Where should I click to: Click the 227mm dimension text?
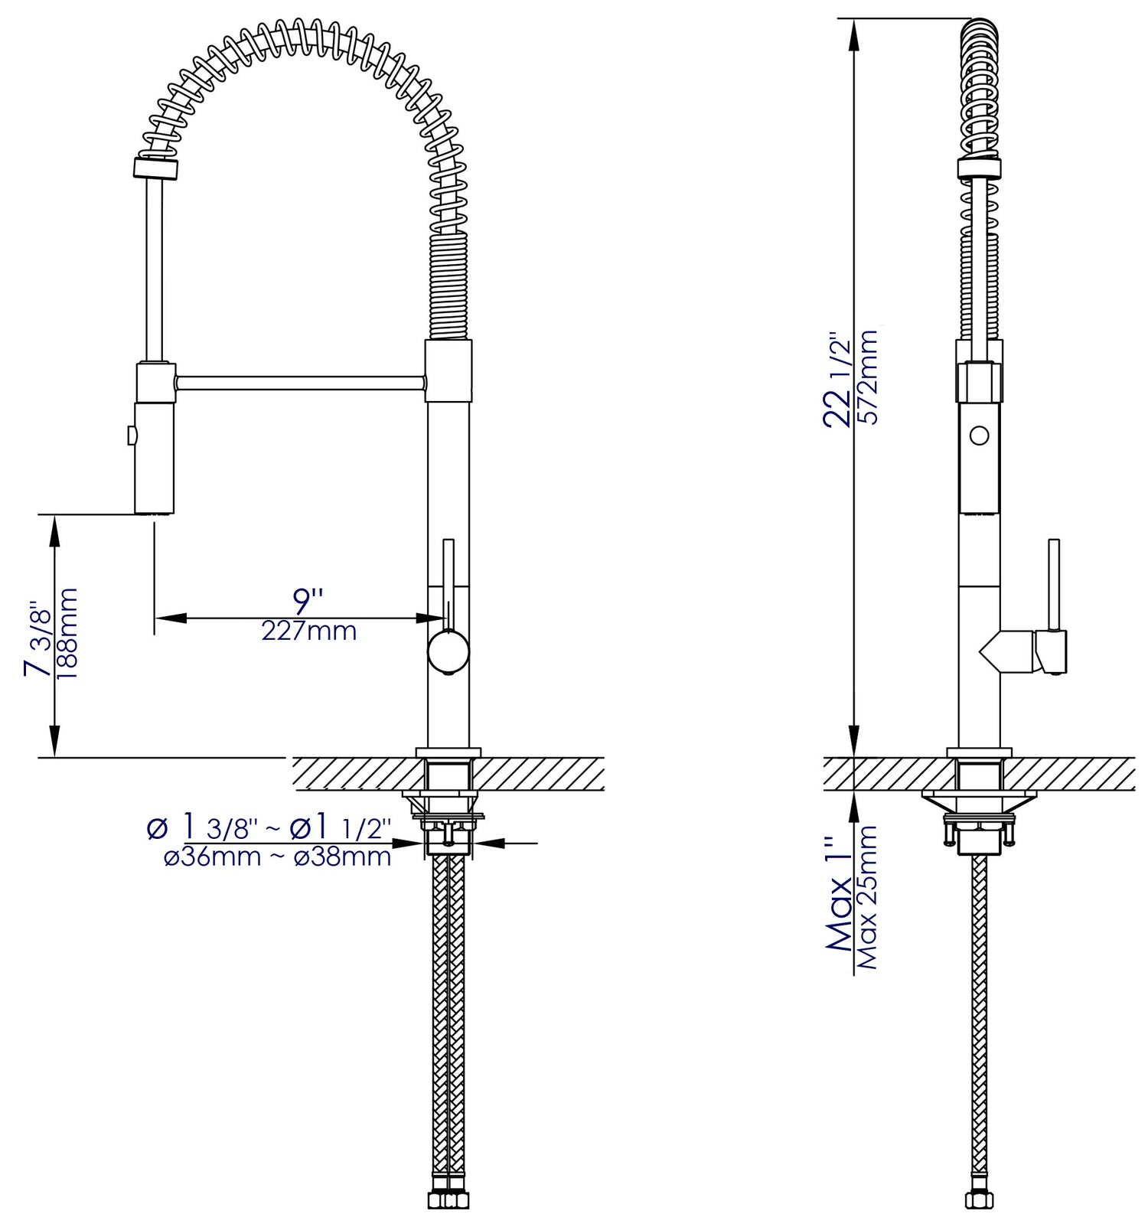(308, 631)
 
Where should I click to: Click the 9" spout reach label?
(308, 599)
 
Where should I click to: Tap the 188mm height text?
(68, 632)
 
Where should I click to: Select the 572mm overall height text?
(866, 376)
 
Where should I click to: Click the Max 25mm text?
(867, 897)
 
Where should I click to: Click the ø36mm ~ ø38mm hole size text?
(278, 857)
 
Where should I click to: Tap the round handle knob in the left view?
(448, 653)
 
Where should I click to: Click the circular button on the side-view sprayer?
(978, 436)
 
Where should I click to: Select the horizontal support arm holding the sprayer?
(300, 381)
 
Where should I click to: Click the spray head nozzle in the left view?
(155, 508)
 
